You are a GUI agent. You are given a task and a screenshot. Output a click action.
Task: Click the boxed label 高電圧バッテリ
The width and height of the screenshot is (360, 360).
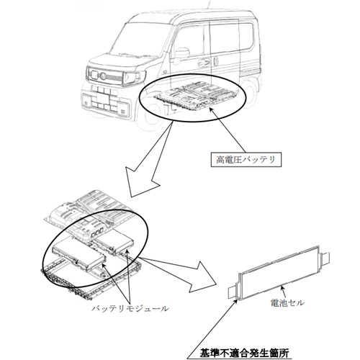pyautogui.click(x=246, y=159)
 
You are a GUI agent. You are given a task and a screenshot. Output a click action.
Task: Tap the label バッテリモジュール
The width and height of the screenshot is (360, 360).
pyautogui.click(x=130, y=308)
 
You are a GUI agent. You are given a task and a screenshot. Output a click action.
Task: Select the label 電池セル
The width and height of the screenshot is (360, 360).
pyautogui.click(x=287, y=303)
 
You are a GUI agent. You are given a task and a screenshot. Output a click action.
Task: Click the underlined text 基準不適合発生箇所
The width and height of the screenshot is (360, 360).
pyautogui.click(x=244, y=354)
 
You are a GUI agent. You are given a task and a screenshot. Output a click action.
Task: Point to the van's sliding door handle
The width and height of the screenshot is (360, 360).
pyautogui.click(x=204, y=63)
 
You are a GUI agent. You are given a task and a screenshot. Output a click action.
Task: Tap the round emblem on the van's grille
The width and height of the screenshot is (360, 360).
pyautogui.click(x=103, y=76)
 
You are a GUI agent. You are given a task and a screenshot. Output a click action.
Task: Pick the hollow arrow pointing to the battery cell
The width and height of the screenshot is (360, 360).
pyautogui.click(x=182, y=272)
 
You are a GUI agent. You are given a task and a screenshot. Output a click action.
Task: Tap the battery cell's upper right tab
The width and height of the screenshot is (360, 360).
pyautogui.click(x=325, y=258)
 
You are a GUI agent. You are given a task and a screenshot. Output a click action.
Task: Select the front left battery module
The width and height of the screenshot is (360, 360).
pyautogui.click(x=79, y=254)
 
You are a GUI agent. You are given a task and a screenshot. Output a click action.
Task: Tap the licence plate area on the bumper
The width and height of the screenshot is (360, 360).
pyautogui.click(x=101, y=99)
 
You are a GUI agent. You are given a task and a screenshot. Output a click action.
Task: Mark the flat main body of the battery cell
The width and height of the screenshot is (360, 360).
pyautogui.click(x=279, y=273)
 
